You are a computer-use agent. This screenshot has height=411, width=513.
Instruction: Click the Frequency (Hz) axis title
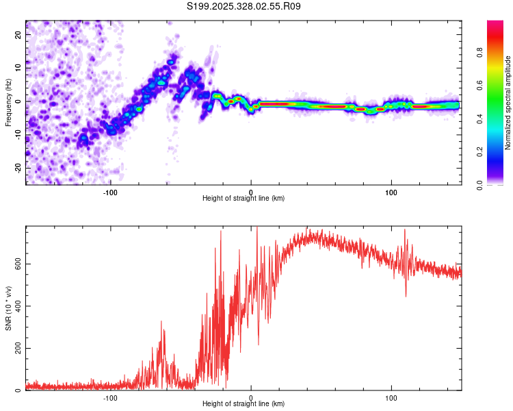[x=8, y=101]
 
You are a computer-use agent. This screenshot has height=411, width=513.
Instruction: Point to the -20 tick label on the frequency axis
[x=18, y=168]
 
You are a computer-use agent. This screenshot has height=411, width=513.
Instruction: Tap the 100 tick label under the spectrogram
[x=391, y=191]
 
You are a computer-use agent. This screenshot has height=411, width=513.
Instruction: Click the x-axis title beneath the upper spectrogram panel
[x=244, y=199]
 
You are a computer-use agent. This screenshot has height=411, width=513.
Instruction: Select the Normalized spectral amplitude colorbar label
[x=508, y=102]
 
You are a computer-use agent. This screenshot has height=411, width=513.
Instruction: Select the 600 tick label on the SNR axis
[x=16, y=264]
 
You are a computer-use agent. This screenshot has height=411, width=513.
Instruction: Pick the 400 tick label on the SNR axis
[x=16, y=307]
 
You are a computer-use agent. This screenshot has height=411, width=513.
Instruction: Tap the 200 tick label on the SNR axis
[x=16, y=349]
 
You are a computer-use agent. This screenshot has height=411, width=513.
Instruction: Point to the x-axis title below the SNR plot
[x=244, y=404]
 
